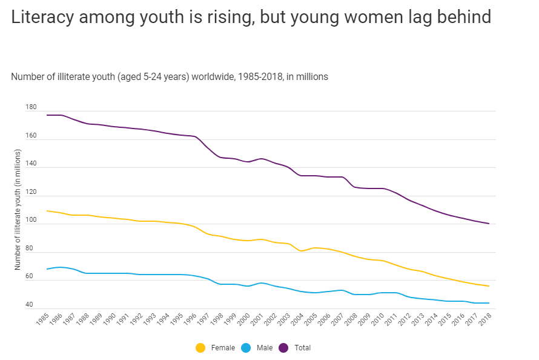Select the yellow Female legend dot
tap(201, 348)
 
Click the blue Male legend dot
tap(246, 348)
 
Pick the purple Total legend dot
tap(283, 348)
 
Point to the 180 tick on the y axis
tap(31, 107)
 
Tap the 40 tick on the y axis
tap(29, 305)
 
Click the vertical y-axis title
tap(18, 209)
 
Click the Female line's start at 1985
tap(47, 211)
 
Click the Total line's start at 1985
tap(47, 115)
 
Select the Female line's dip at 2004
tap(301, 251)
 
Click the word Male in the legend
tap(265, 348)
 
